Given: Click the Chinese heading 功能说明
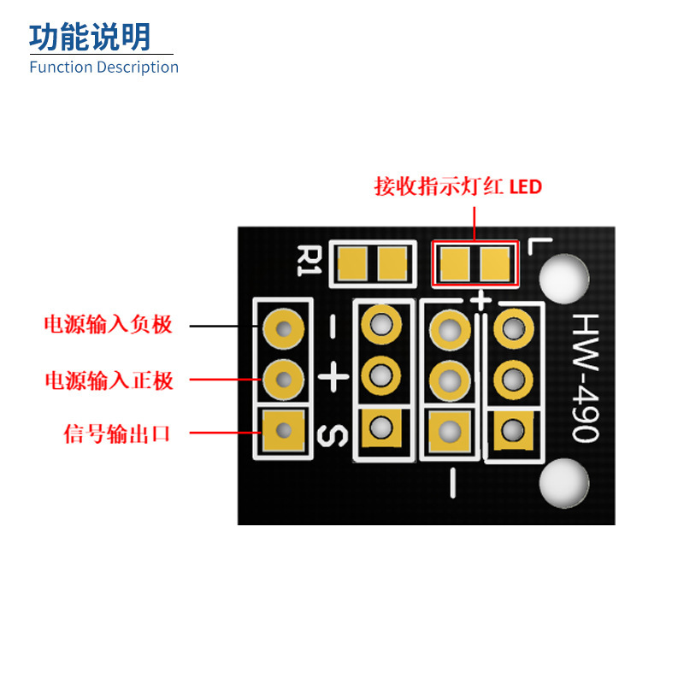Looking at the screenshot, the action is pyautogui.click(x=90, y=37).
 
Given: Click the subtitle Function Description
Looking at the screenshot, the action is pyautogui.click(x=103, y=68).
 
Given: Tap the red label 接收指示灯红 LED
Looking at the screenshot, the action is pyautogui.click(x=458, y=186).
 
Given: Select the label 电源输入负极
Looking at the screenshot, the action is pyautogui.click(x=109, y=325).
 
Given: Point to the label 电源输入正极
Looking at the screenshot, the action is pyautogui.click(x=109, y=380).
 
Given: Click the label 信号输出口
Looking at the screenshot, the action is pyautogui.click(x=116, y=433).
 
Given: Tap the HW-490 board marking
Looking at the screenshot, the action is pyautogui.click(x=586, y=378).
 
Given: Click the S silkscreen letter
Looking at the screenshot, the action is pyautogui.click(x=333, y=435).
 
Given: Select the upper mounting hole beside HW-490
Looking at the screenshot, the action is pyautogui.click(x=564, y=280).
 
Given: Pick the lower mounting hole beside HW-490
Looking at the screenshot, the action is pyautogui.click(x=564, y=483).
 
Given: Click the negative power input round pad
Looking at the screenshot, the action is pyautogui.click(x=284, y=329).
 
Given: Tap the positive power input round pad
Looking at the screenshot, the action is pyautogui.click(x=284, y=379).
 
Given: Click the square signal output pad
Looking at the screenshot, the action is pyautogui.click(x=284, y=431).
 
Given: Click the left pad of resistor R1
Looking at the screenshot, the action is pyautogui.click(x=352, y=263).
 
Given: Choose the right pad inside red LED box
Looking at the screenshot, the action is pyautogui.click(x=495, y=264).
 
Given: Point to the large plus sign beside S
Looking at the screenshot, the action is pyautogui.click(x=333, y=376).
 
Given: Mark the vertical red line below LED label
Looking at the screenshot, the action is pyautogui.click(x=475, y=224).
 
